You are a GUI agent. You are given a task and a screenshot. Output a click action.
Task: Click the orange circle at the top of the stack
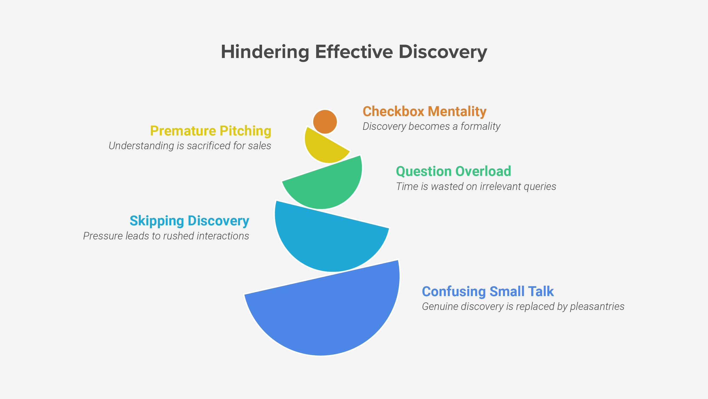[325, 122]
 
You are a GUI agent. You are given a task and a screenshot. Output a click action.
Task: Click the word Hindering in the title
[265, 52]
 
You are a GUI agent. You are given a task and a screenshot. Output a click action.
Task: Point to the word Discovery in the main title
[443, 52]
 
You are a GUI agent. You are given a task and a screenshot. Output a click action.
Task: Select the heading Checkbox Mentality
[424, 111]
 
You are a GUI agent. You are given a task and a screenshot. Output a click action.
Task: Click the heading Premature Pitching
[211, 131]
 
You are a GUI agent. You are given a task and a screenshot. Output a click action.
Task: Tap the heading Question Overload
[453, 171]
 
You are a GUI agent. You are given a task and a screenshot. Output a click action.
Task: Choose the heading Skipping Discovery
[189, 221]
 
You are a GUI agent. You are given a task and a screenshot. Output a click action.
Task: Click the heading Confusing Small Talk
[488, 291]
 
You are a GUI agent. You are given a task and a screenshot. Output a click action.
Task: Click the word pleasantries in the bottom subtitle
[597, 306]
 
